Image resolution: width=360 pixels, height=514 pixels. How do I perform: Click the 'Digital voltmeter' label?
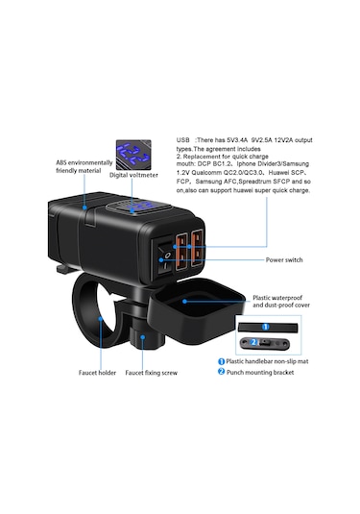[134, 175]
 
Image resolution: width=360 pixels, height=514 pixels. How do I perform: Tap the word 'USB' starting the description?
[186, 139]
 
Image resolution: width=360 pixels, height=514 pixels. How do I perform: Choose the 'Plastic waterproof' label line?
[276, 299]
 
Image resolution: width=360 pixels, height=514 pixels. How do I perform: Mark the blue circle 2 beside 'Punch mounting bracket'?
[221, 371]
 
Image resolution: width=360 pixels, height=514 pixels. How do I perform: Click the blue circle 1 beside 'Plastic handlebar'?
[221, 360]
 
